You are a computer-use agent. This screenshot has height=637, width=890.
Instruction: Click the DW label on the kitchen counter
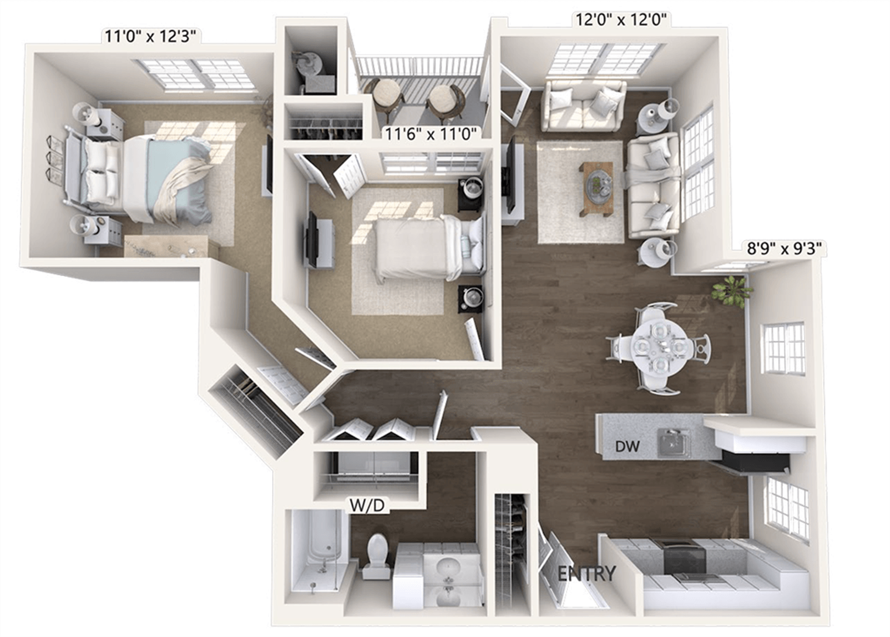pyautogui.click(x=627, y=447)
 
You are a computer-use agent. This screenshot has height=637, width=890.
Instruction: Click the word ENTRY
pyautogui.click(x=586, y=573)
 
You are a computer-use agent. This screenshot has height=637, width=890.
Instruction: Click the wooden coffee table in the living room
pyautogui.click(x=596, y=187)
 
